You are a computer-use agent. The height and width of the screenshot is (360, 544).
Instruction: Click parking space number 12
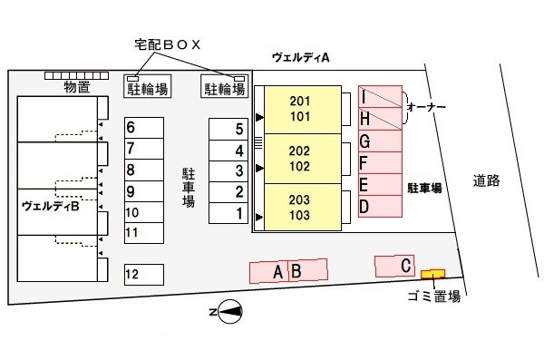point(144,273)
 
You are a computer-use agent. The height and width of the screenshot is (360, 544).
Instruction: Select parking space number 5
point(227,129)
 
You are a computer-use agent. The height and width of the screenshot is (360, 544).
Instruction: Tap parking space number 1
point(227,214)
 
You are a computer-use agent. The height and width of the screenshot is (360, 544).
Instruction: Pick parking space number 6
point(144,128)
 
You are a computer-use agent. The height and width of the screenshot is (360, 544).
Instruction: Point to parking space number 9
point(144,191)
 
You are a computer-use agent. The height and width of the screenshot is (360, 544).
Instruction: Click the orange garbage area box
point(432,273)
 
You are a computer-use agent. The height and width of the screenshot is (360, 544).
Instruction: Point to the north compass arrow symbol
point(228,313)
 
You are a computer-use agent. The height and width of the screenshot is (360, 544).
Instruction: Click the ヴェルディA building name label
point(300,57)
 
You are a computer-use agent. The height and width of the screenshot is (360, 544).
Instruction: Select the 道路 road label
point(486,180)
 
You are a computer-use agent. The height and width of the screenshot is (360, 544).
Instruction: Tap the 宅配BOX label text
point(166,44)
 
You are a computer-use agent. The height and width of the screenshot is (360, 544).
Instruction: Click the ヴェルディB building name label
point(51,206)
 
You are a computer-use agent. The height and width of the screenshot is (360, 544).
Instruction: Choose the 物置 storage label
point(77,87)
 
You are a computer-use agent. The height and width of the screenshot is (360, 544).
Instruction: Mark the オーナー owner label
point(426,107)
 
